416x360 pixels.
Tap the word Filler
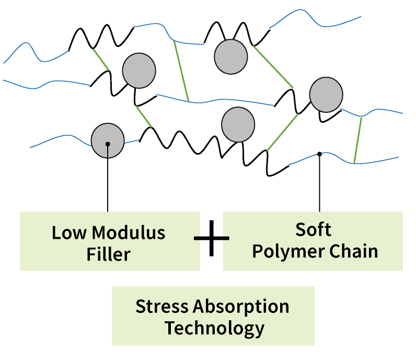[x=108, y=254]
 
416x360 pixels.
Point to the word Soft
[x=313, y=229]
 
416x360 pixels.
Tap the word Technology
[x=214, y=329]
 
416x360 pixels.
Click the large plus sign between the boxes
[x=211, y=238]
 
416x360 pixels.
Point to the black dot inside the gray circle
[x=107, y=143]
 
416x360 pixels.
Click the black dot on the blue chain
[x=319, y=154]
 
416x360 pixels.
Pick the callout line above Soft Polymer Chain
[x=319, y=183]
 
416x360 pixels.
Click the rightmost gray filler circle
[x=326, y=95]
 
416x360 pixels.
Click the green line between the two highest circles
[x=181, y=71]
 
